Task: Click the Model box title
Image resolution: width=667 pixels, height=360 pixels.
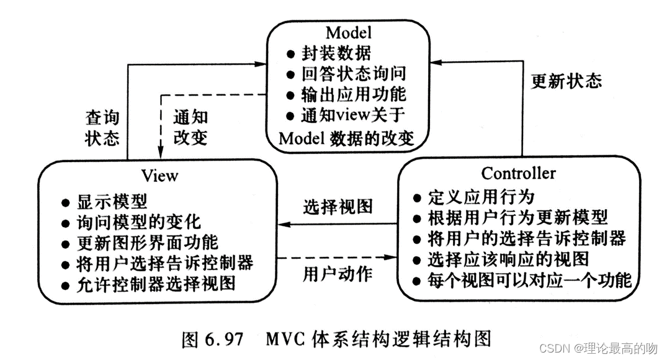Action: pyautogui.click(x=348, y=32)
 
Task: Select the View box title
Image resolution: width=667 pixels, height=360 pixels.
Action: pyautogui.click(x=159, y=176)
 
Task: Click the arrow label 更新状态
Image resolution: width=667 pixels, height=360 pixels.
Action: pyautogui.click(x=566, y=81)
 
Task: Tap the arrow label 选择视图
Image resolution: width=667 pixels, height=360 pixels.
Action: pyautogui.click(x=338, y=207)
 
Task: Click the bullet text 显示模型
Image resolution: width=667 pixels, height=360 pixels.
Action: pyautogui.click(x=112, y=202)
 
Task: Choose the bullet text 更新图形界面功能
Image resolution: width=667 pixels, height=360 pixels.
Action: pyautogui.click(x=147, y=242)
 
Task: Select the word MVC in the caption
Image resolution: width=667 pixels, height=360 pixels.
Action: pyautogui.click(x=287, y=339)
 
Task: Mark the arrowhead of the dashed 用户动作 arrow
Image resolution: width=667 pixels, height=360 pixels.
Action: pyautogui.click(x=393, y=256)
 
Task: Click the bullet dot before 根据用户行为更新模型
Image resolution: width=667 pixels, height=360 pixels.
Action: pyautogui.click(x=418, y=218)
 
